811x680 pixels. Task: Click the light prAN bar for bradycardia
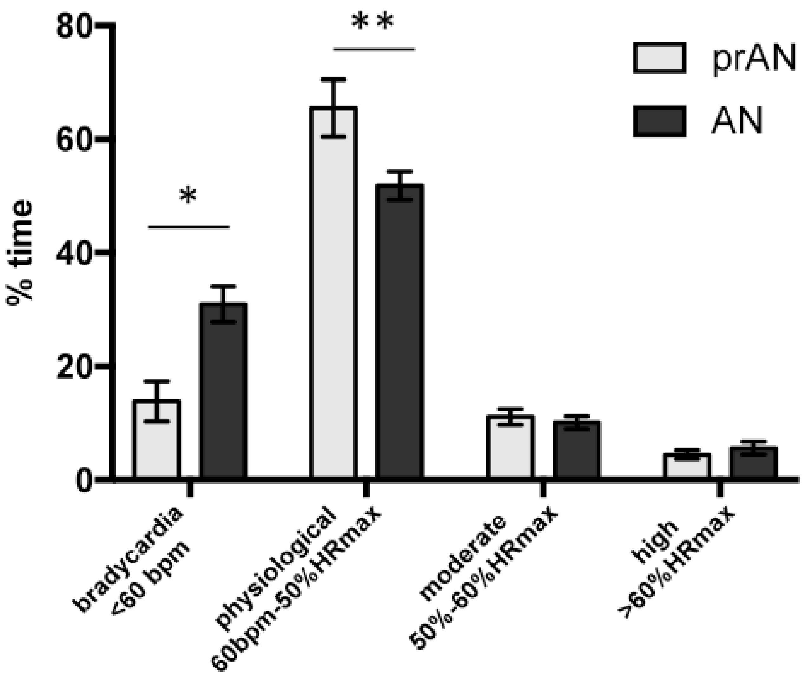(157, 440)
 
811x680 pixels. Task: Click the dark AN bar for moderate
(577, 450)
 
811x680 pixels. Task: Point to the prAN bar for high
(687, 466)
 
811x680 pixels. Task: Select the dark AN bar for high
(753, 462)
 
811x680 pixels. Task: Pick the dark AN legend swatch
(659, 121)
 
